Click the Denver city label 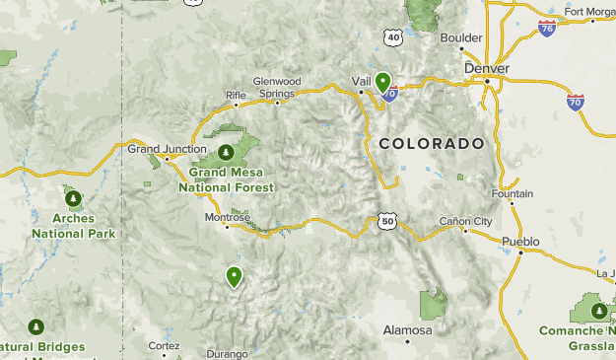[x=487, y=68]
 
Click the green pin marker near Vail [x=382, y=83]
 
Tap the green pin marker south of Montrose [x=234, y=276]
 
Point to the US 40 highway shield [x=394, y=37]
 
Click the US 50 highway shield [x=386, y=222]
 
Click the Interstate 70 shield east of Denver [x=576, y=101]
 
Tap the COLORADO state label [x=432, y=143]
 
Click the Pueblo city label [x=520, y=241]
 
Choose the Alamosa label [x=407, y=329]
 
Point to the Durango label [x=229, y=353]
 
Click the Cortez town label [x=164, y=346]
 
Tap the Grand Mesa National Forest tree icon [x=226, y=152]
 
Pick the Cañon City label [x=465, y=221]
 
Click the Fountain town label [x=512, y=194]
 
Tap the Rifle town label [x=236, y=95]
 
